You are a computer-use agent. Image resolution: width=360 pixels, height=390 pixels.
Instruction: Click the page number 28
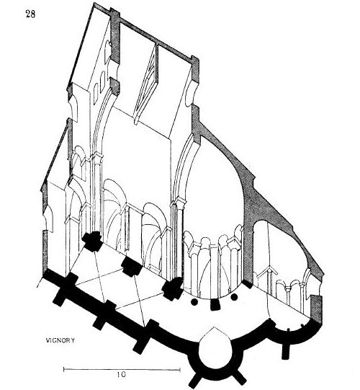click(x=30, y=14)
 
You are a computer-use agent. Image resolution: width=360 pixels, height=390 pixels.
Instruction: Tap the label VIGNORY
click(x=60, y=340)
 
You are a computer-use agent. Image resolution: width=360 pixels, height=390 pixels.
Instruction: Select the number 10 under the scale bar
click(x=122, y=374)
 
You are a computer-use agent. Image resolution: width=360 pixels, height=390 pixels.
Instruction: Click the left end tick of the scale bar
click(x=64, y=369)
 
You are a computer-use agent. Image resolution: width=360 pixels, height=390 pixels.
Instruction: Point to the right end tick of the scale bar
click(x=180, y=370)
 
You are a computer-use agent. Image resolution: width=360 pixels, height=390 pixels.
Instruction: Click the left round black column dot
click(x=194, y=302)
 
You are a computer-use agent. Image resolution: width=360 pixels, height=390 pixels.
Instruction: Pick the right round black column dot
click(x=234, y=297)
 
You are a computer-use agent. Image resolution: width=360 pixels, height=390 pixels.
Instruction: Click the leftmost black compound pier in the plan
click(x=92, y=241)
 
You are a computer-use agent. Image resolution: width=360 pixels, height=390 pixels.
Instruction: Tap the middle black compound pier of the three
click(x=132, y=267)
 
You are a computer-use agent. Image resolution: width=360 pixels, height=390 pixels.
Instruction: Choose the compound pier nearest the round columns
click(x=172, y=289)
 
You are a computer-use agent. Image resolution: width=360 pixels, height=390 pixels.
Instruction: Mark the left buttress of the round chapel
click(x=195, y=381)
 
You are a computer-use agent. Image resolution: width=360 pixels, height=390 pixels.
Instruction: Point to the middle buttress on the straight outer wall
click(x=99, y=322)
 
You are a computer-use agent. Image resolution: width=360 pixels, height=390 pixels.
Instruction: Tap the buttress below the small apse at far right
click(x=286, y=350)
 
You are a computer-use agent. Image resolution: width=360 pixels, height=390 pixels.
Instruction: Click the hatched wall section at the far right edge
click(x=316, y=310)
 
